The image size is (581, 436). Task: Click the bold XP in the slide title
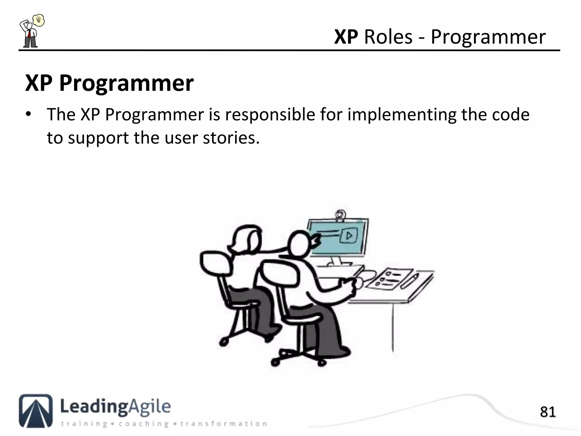(x=346, y=37)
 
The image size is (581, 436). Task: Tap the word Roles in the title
(x=388, y=37)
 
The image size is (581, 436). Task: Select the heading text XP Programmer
(x=109, y=83)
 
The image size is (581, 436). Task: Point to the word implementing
(x=401, y=115)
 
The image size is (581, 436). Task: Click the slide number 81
(x=548, y=412)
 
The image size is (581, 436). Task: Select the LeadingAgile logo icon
(x=36, y=410)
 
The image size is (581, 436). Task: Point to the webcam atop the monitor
(x=340, y=214)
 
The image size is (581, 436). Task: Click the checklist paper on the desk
(x=391, y=278)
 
